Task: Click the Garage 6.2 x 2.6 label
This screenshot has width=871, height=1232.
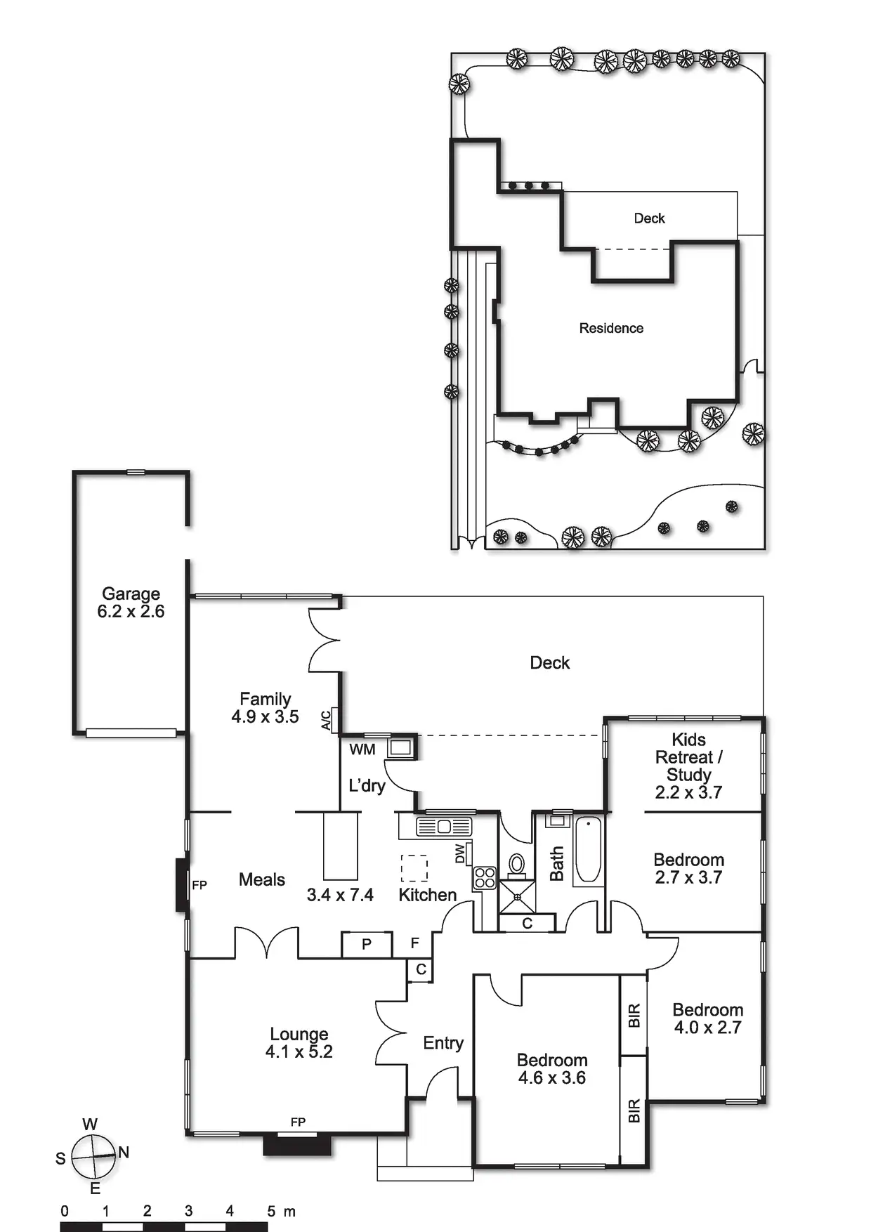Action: (x=131, y=603)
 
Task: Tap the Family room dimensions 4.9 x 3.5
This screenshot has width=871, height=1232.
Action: (x=265, y=717)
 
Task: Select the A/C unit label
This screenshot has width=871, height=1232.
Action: (x=326, y=720)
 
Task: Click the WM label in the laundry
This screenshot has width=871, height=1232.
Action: (x=362, y=749)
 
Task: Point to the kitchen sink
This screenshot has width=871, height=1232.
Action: (x=444, y=827)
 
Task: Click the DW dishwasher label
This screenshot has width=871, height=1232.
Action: (x=460, y=853)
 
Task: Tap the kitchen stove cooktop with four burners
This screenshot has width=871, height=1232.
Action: (x=485, y=878)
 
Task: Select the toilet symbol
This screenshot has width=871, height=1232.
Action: (x=516, y=863)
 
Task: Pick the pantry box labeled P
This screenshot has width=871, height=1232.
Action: (x=366, y=945)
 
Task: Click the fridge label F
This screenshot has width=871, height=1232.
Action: (x=415, y=943)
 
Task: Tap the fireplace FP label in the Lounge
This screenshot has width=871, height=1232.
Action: (x=298, y=1122)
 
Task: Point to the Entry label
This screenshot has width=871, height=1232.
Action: (x=443, y=1043)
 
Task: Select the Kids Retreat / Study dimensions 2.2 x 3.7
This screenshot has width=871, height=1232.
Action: (x=688, y=792)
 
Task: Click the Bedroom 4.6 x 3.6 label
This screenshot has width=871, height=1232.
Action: (x=552, y=1069)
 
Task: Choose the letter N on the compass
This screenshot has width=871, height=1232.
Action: (x=124, y=1152)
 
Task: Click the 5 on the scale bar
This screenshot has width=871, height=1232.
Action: (x=271, y=1211)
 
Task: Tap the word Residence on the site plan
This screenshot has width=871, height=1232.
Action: (x=611, y=328)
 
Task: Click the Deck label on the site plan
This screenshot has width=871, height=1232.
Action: (x=649, y=218)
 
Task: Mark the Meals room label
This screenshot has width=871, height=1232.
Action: (x=262, y=879)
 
